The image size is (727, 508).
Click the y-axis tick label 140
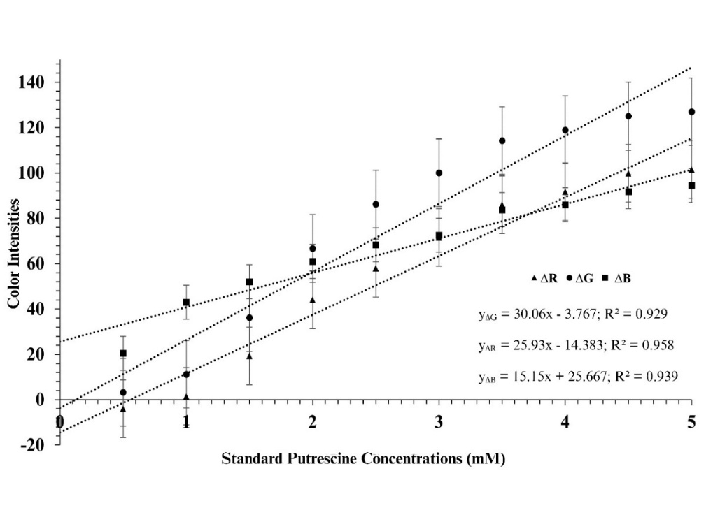click(33, 82)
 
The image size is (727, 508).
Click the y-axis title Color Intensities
click(13, 254)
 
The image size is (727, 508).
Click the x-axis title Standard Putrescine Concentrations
click(362, 459)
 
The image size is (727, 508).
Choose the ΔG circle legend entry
click(582, 278)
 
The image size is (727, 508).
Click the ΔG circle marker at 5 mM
click(691, 112)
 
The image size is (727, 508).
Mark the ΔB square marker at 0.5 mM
click(123, 354)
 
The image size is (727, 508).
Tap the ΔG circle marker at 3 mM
click(439, 173)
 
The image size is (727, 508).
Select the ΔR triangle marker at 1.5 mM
click(249, 356)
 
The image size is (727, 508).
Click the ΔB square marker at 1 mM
click(186, 303)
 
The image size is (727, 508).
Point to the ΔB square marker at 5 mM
click(691, 186)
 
